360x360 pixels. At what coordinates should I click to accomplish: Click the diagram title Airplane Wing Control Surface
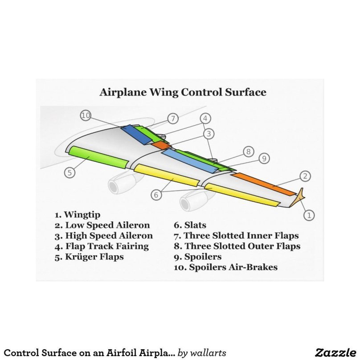tap(183, 93)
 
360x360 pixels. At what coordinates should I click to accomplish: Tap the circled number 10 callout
tap(86, 116)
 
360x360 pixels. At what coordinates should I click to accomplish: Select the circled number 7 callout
tap(173, 119)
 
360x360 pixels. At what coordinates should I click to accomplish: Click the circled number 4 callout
tap(205, 119)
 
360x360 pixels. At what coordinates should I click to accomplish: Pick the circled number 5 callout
tap(69, 172)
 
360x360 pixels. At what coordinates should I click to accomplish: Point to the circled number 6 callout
tap(156, 195)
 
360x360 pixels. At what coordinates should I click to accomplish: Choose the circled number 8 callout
tap(249, 151)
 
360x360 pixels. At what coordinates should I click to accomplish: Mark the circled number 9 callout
tap(264, 158)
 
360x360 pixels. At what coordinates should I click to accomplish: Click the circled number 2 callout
tap(305, 176)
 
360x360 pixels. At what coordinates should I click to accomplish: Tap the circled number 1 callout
tap(308, 215)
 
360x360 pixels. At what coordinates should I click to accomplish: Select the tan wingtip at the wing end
tap(300, 195)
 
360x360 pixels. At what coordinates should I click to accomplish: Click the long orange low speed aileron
tap(263, 184)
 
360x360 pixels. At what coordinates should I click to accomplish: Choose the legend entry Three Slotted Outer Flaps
tap(237, 246)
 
